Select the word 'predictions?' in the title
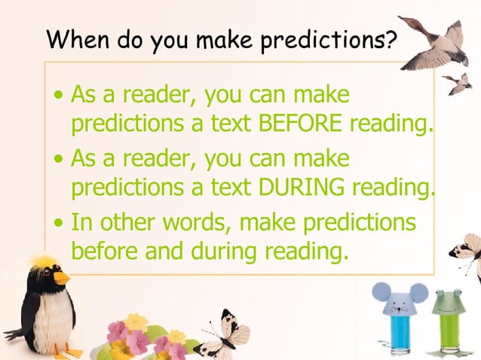click(328, 38)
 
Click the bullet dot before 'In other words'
click(60, 224)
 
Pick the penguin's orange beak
click(61, 277)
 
